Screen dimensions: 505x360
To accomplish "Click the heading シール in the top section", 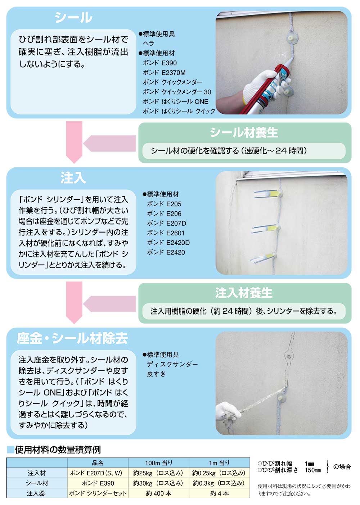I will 73,17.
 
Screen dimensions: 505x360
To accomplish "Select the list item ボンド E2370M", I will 164,73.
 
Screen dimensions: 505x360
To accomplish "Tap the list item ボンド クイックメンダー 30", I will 177,92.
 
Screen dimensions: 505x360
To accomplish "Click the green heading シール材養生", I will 244,132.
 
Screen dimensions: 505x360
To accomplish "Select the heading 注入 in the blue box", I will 73,178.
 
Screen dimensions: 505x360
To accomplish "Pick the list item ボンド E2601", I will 166,233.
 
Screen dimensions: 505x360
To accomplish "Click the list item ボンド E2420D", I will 168,243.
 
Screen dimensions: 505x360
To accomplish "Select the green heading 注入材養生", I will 244,293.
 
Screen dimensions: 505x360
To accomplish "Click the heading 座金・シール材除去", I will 72,338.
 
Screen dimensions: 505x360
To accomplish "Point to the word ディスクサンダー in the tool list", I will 172,364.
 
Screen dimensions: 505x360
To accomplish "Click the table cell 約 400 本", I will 158,493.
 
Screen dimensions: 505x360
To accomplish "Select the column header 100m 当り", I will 158,463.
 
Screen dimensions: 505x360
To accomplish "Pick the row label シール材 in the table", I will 37,483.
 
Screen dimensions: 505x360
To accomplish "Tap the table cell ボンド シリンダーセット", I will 98,493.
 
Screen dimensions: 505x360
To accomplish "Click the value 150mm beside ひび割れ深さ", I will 312,470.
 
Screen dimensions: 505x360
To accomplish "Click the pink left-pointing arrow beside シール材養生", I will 109,143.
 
